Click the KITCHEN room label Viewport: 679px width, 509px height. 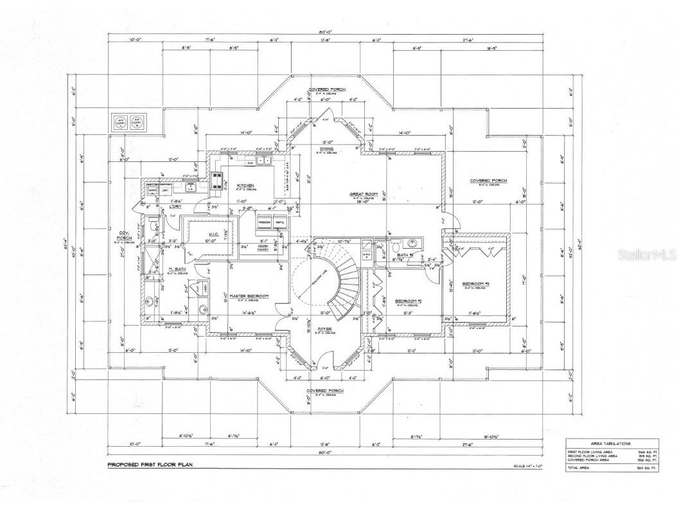click(x=246, y=185)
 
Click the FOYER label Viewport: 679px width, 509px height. click(x=325, y=328)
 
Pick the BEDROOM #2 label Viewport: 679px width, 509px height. click(x=407, y=301)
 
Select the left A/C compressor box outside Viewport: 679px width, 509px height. click(x=120, y=121)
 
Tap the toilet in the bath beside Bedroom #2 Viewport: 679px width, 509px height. click(x=396, y=247)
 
